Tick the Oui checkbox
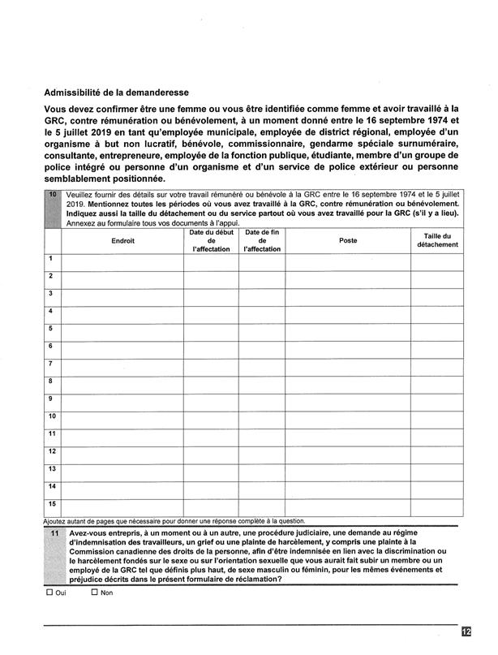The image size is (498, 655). (x=49, y=593)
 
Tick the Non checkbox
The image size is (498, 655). (x=95, y=593)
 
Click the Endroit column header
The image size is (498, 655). (x=122, y=240)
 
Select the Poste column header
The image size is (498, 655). (x=348, y=240)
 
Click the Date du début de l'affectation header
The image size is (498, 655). (x=211, y=240)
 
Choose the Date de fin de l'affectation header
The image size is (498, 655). (x=262, y=240)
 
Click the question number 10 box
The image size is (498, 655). (x=52, y=196)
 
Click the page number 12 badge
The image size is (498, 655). (x=466, y=631)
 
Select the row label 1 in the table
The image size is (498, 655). (x=51, y=259)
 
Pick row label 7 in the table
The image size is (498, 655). (x=51, y=363)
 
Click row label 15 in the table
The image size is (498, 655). (x=52, y=503)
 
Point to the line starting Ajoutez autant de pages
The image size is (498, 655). (x=178, y=520)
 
